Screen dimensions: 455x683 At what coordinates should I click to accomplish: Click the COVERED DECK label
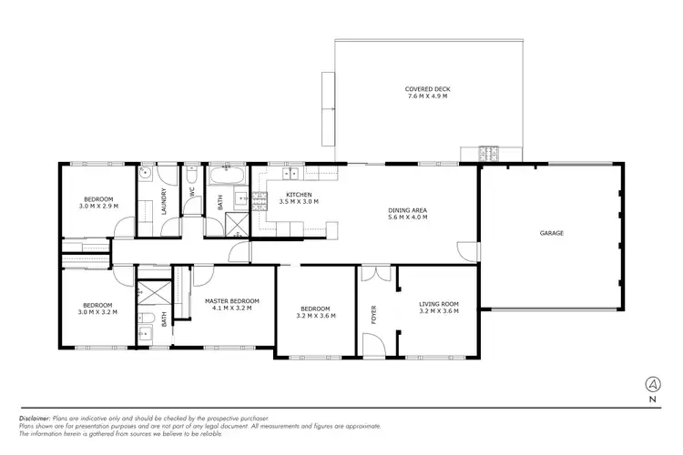point(427,89)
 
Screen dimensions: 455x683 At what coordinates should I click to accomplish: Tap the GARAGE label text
point(552,233)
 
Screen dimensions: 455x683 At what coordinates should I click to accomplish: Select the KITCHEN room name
point(300,194)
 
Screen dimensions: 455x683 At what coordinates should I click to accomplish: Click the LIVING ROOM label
point(438,304)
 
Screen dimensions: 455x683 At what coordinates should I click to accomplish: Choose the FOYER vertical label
point(372,314)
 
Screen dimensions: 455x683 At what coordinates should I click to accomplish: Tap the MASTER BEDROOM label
point(232,301)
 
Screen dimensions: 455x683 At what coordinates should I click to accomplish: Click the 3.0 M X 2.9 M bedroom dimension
point(98,206)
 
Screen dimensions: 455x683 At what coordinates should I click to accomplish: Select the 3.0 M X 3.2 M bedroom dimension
point(97,311)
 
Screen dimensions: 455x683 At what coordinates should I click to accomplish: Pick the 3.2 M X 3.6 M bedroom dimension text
point(316,316)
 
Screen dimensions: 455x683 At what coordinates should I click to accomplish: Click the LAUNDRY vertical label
point(164,198)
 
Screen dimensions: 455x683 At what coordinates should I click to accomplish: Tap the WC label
point(192,193)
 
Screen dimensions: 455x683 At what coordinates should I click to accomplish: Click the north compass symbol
point(652,383)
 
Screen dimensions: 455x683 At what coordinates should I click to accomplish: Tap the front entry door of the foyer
point(373,344)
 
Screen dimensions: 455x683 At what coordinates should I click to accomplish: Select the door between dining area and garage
point(466,248)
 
